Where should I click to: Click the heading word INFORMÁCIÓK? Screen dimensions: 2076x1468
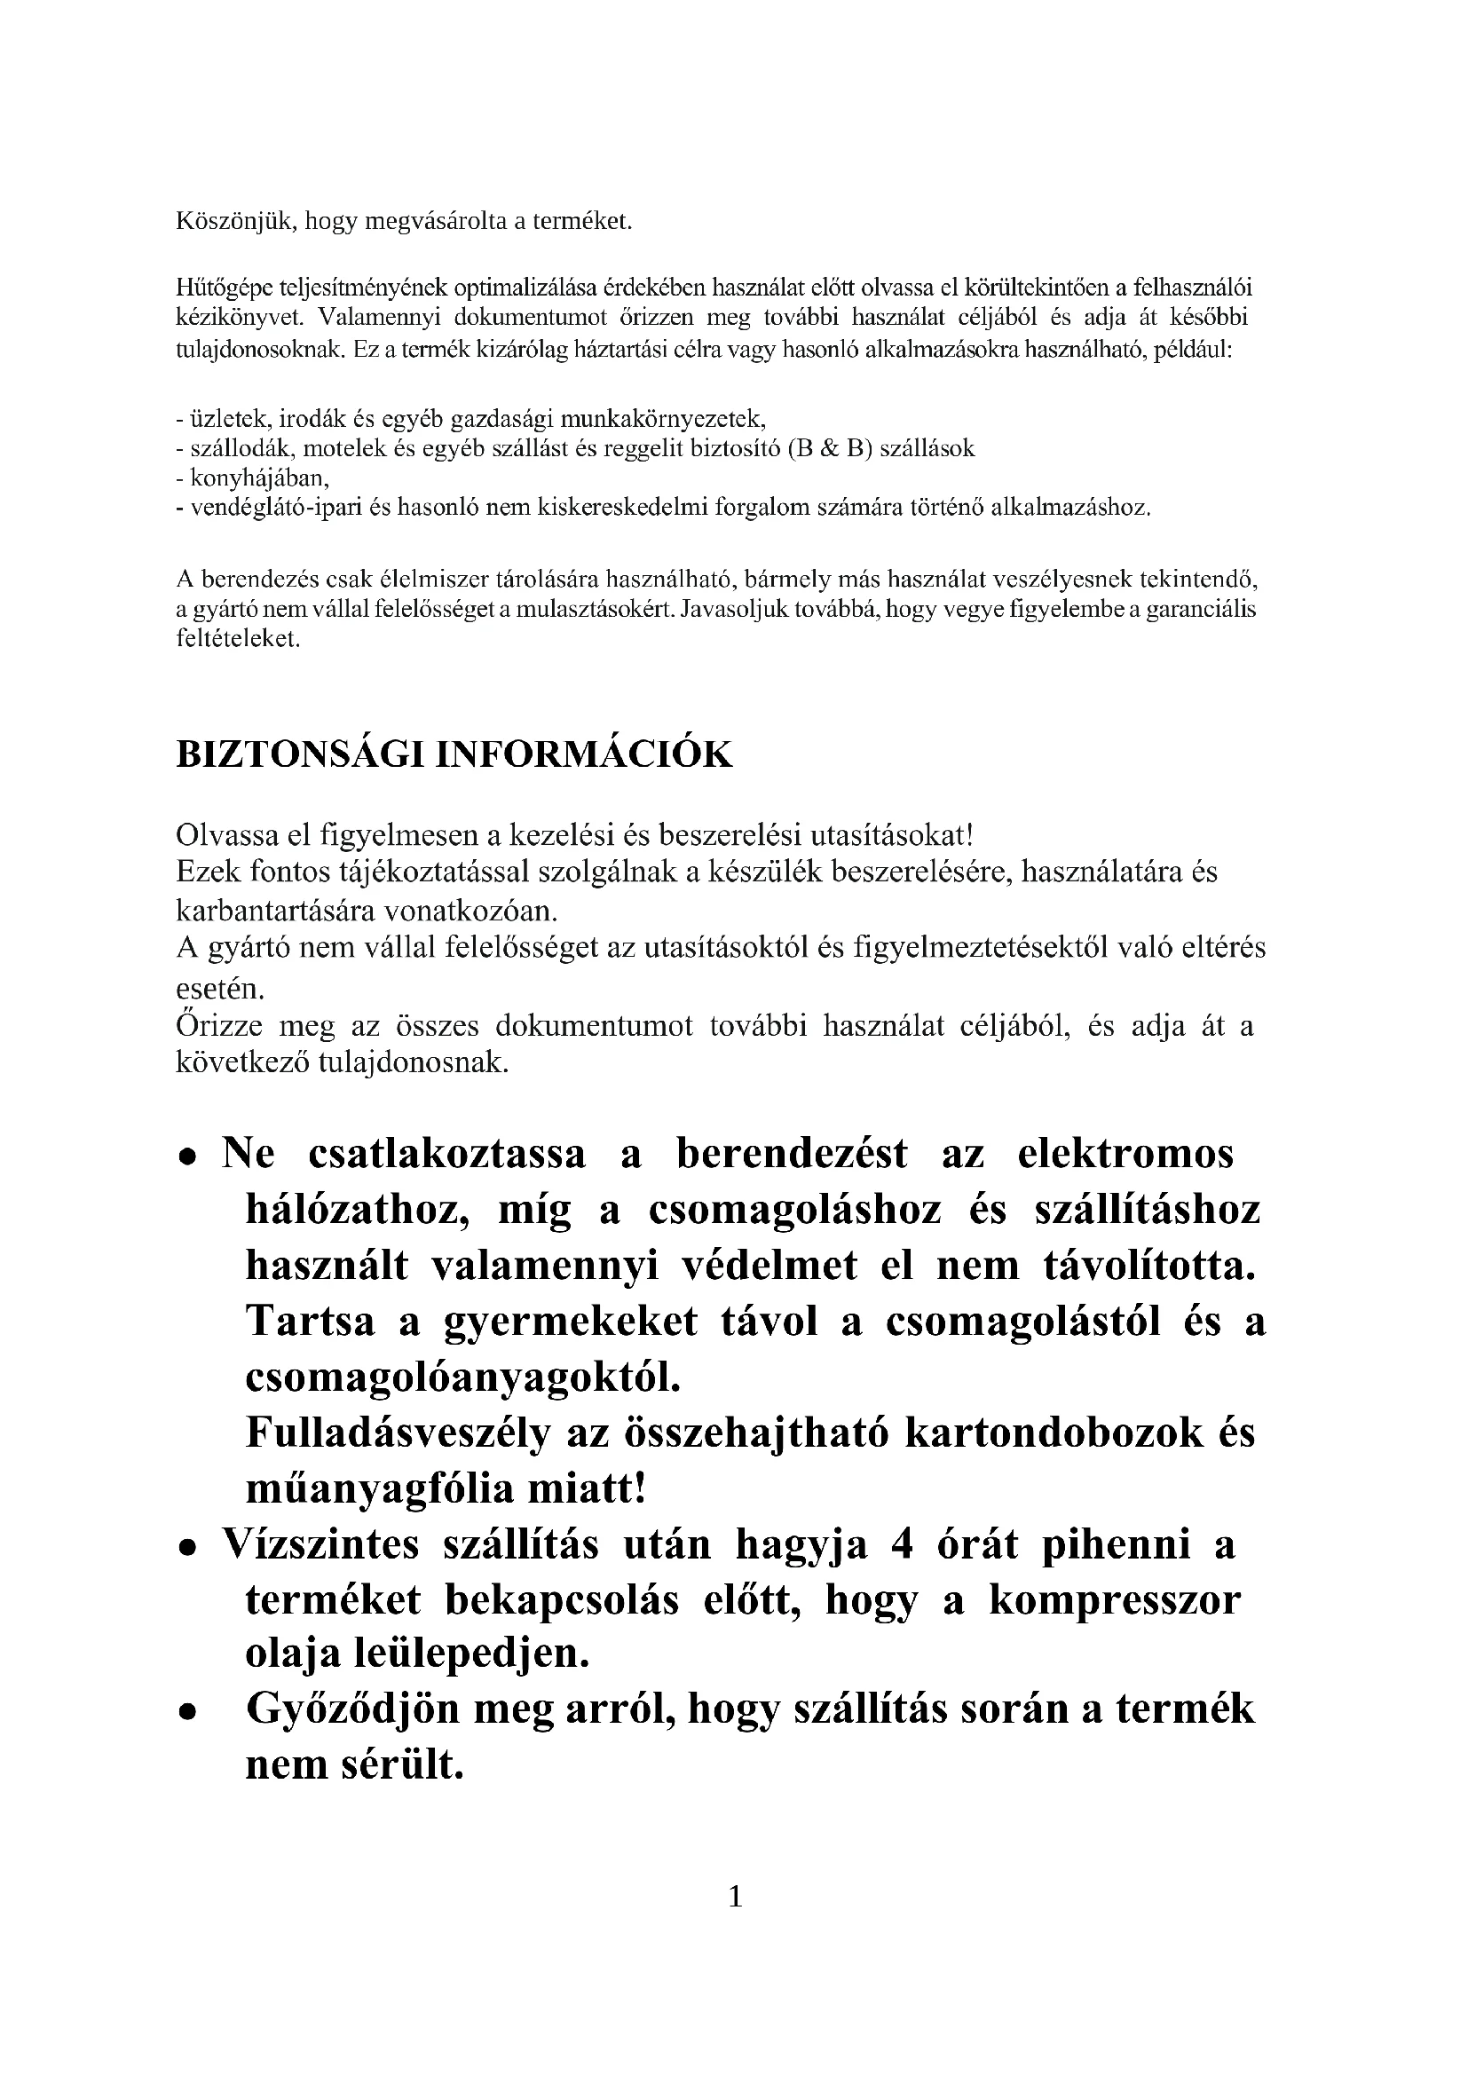coord(585,755)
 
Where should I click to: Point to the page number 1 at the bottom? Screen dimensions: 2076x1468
coord(735,1896)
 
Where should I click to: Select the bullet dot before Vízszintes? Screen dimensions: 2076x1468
coord(187,1548)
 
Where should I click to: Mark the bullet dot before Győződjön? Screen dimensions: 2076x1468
coord(187,1712)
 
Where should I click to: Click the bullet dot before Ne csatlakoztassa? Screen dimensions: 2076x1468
coord(187,1157)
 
